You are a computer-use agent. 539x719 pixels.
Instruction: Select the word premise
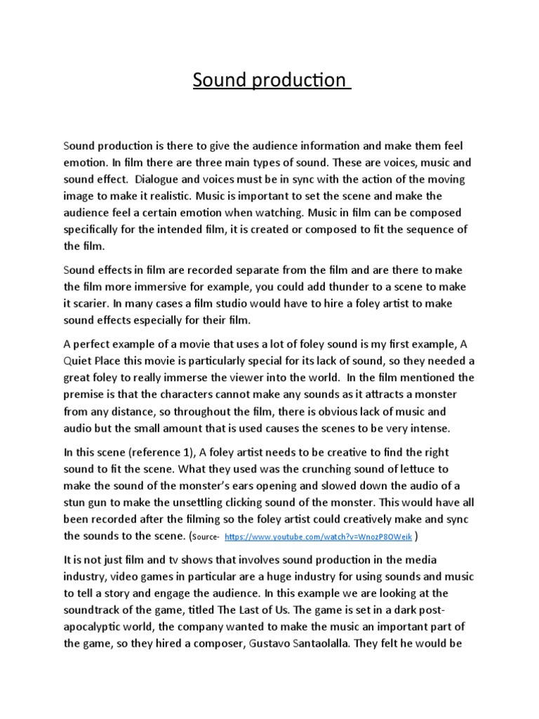tap(87, 395)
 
